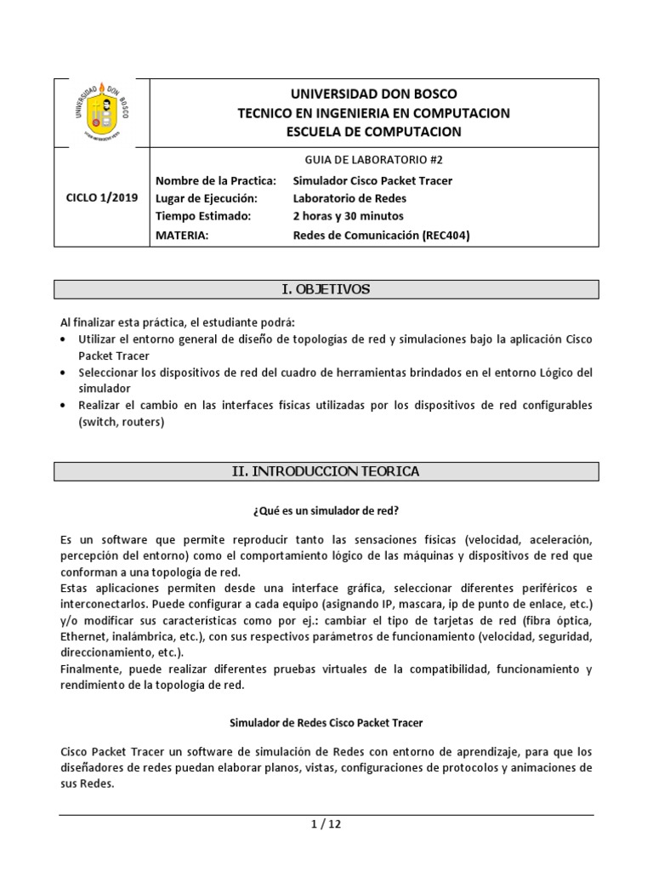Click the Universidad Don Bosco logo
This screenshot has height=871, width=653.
101,113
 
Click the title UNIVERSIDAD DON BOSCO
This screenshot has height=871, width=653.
374,94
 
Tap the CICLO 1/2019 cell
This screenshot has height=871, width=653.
101,198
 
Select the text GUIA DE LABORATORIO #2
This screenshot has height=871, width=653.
374,160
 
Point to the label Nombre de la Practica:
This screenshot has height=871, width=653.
217,180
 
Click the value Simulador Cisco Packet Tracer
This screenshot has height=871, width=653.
372,180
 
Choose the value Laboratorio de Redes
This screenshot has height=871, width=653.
349,198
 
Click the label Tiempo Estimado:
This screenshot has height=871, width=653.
204,216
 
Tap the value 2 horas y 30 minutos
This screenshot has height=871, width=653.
349,216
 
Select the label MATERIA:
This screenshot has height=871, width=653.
182,235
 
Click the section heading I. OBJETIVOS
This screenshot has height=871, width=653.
326,289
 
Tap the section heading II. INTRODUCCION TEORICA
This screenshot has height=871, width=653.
326,471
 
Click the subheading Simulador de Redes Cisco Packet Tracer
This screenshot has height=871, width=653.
326,722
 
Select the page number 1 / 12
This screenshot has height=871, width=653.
326,823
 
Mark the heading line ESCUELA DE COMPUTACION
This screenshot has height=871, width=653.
374,131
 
